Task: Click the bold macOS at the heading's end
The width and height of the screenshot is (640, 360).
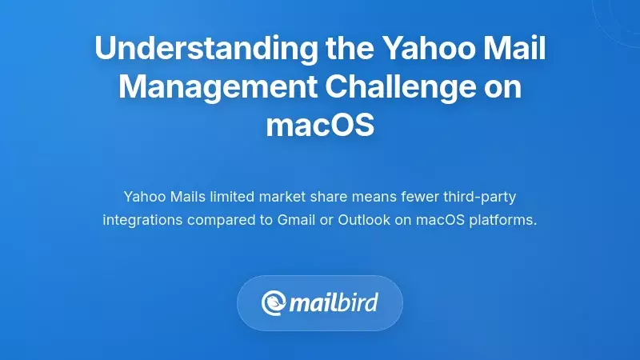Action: (320, 126)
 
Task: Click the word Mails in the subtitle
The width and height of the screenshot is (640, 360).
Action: (186, 197)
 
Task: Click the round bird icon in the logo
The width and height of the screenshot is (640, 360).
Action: (274, 303)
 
